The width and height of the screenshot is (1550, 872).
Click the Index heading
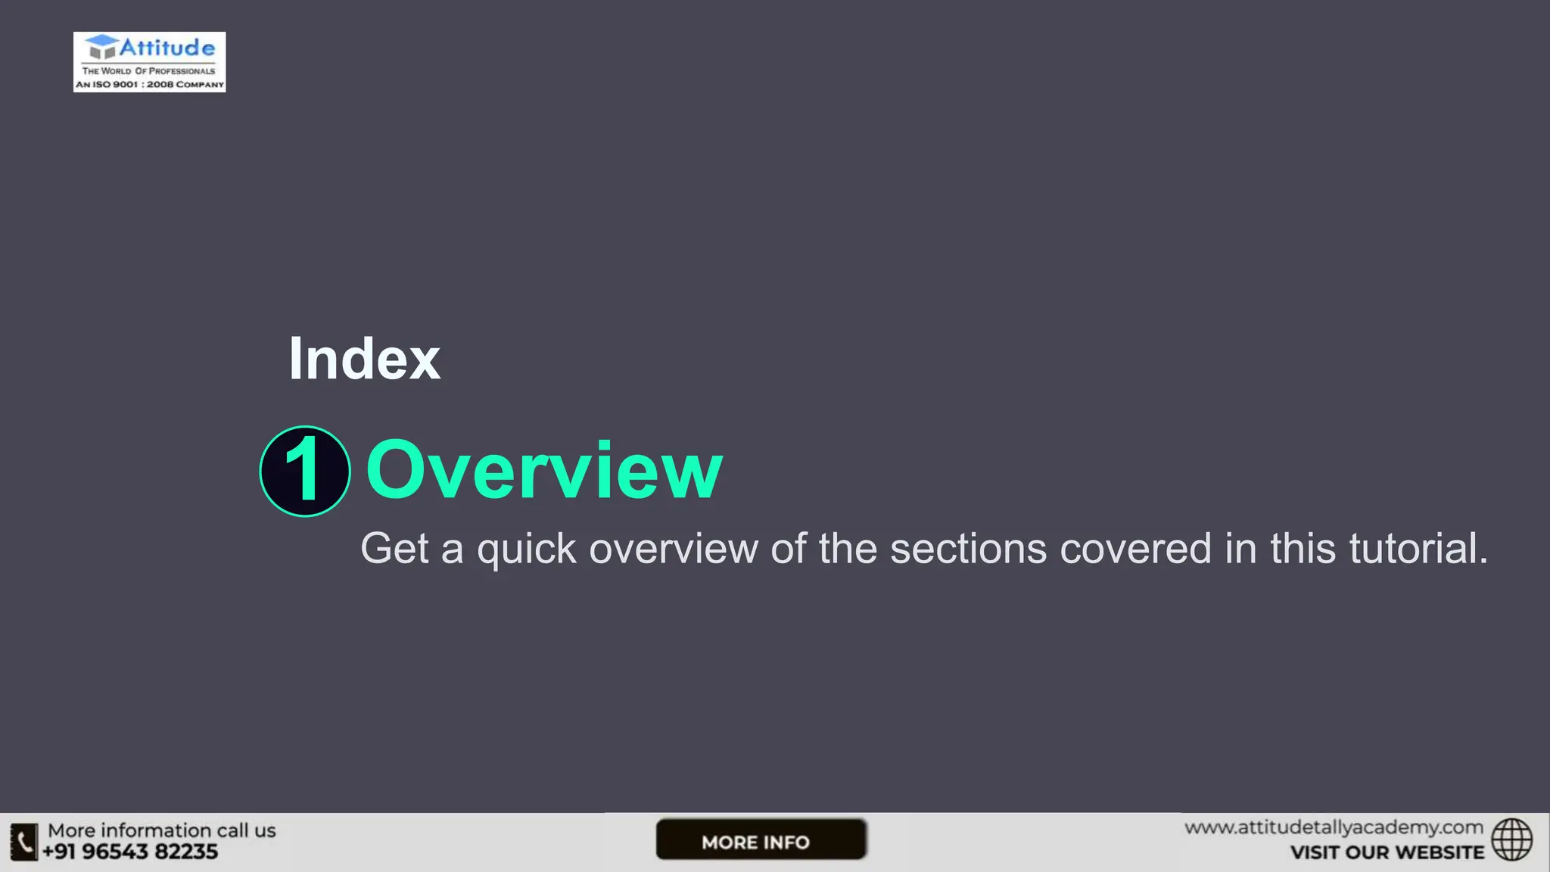pyautogui.click(x=364, y=359)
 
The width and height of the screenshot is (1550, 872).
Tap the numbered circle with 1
pyautogui.click(x=305, y=471)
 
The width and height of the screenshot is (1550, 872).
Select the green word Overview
pyautogui.click(x=544, y=471)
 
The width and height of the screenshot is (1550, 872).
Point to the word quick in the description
pyautogui.click(x=526, y=550)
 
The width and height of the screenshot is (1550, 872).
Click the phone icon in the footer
pyautogui.click(x=24, y=842)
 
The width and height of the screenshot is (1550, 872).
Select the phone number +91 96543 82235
pyautogui.click(x=130, y=852)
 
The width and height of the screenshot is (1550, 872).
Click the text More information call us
pyautogui.click(x=162, y=830)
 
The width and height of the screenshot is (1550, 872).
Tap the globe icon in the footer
pyautogui.click(x=1511, y=839)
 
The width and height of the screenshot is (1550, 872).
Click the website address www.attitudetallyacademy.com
pyautogui.click(x=1334, y=828)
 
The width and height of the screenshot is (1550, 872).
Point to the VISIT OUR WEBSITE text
pyautogui.click(x=1387, y=852)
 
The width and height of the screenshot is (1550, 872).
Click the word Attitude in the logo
pyautogui.click(x=167, y=48)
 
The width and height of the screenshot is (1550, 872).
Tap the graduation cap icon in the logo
pyautogui.click(x=101, y=46)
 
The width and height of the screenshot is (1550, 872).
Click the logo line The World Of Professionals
pyautogui.click(x=149, y=71)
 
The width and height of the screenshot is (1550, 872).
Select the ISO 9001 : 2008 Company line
pyautogui.click(x=150, y=85)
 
